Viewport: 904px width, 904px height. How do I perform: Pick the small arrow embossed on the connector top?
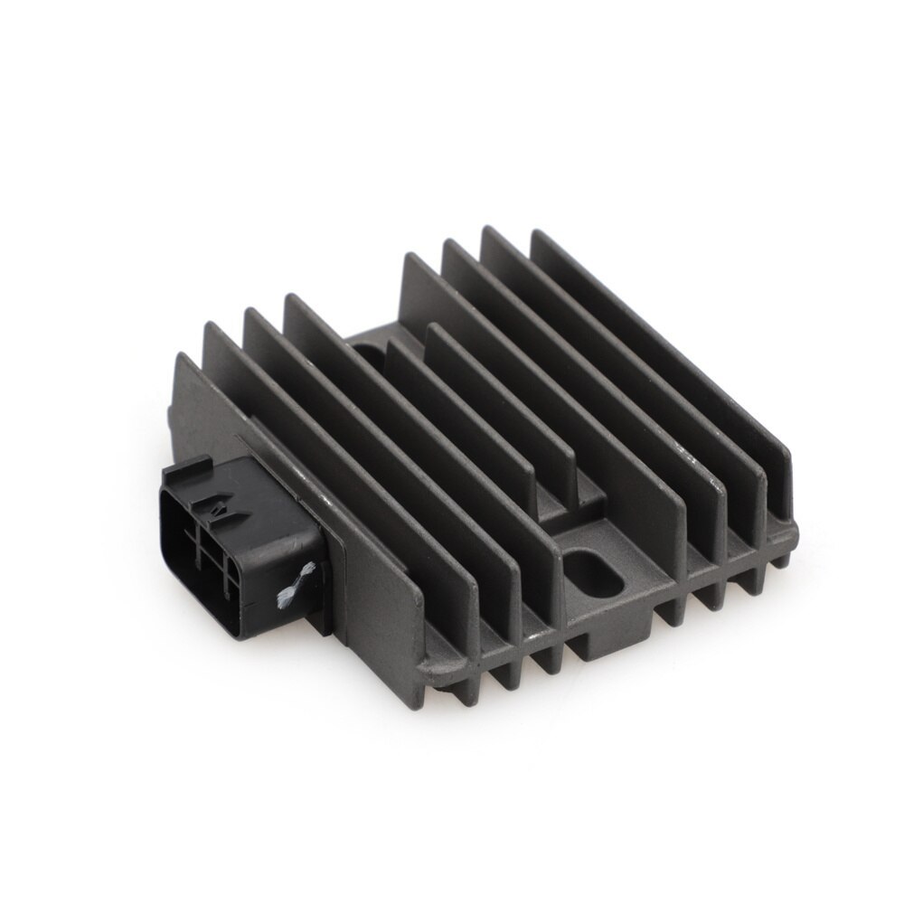(217, 512)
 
